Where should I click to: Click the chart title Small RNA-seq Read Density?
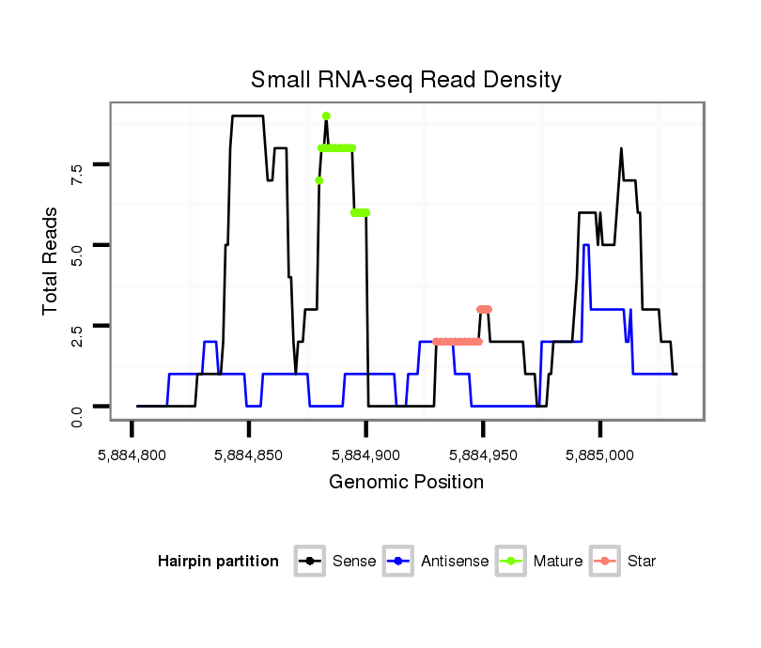tap(406, 80)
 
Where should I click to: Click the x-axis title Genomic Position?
tap(406, 483)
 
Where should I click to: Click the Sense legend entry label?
tap(354, 562)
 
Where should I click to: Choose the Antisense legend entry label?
tap(455, 562)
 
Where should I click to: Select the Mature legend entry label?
tap(557, 562)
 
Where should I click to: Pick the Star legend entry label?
tap(642, 562)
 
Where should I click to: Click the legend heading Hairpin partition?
tap(218, 562)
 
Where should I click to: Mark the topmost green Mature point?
tap(326, 116)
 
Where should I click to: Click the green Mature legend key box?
tap(512, 562)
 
